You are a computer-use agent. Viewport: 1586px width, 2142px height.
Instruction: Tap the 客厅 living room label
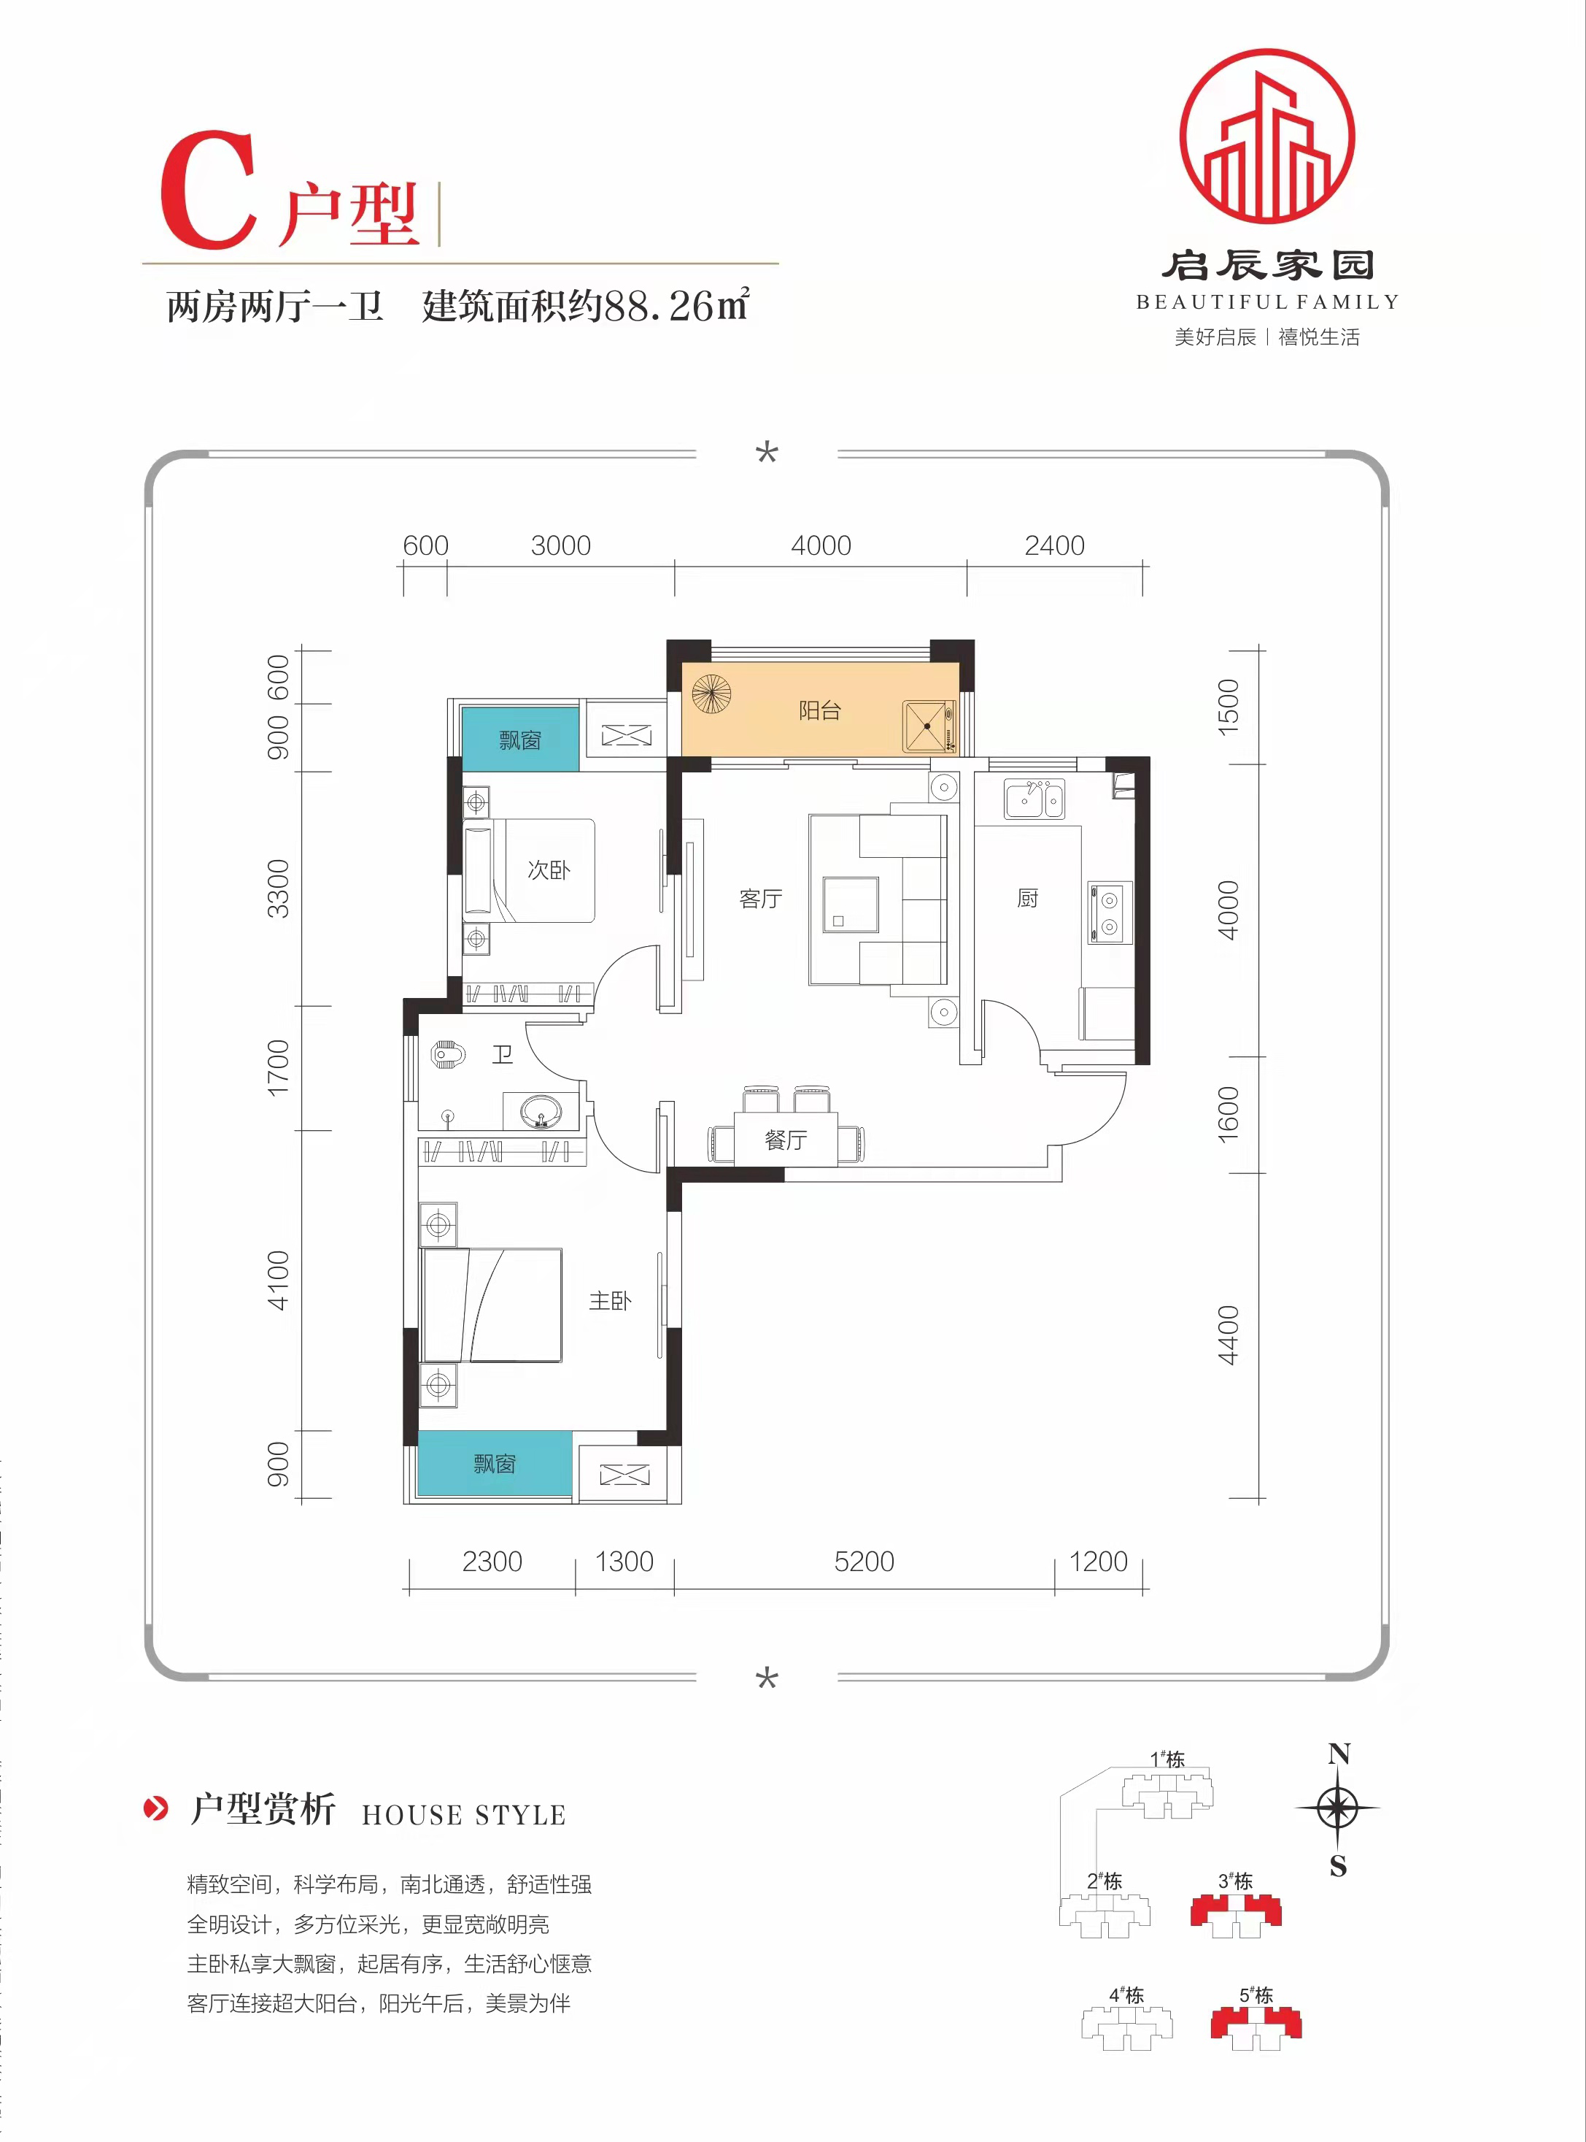click(x=760, y=898)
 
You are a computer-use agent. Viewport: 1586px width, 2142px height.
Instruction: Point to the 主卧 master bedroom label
click(x=610, y=1300)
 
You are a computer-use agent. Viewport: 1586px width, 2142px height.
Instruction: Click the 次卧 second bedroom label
click(x=548, y=870)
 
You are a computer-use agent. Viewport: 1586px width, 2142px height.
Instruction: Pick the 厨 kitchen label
click(x=1027, y=898)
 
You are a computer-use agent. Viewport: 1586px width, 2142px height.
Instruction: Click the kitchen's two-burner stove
click(x=1109, y=913)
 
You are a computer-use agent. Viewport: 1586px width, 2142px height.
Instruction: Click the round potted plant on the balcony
click(x=711, y=694)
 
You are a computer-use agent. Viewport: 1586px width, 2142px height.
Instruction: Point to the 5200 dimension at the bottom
click(x=864, y=1561)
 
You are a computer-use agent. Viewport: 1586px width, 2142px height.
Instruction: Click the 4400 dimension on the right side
click(x=1228, y=1335)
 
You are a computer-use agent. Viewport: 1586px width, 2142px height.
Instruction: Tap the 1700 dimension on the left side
click(x=277, y=1067)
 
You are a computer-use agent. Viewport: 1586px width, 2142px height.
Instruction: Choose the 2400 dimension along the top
click(x=1054, y=545)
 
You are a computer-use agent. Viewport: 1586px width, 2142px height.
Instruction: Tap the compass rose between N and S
click(x=1337, y=1808)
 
